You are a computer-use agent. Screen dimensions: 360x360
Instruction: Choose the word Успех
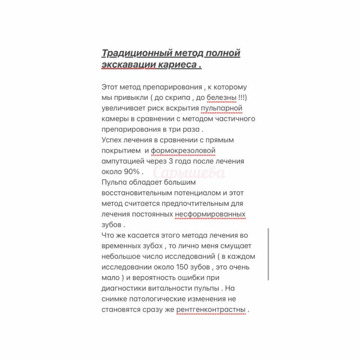click(112, 140)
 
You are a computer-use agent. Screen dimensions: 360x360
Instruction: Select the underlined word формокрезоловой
click(183, 150)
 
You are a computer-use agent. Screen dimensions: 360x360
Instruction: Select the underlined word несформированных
click(210, 214)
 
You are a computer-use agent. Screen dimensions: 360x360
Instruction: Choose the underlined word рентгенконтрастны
click(211, 310)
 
